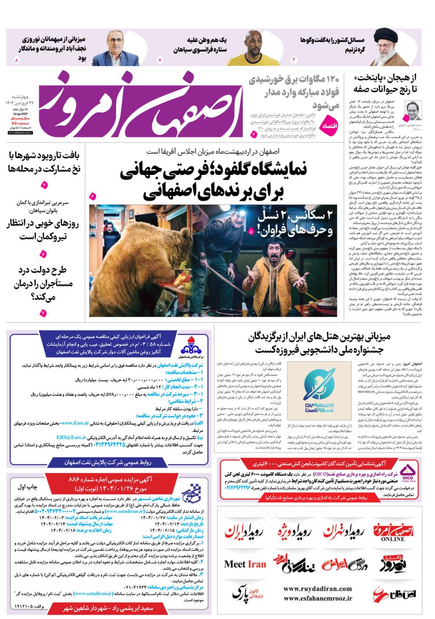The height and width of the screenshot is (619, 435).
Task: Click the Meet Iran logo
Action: click(x=245, y=564)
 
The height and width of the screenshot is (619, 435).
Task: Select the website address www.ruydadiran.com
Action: click(x=317, y=588)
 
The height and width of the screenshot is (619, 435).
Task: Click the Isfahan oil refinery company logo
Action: click(x=191, y=349)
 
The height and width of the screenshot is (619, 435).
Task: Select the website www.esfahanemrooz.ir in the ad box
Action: click(x=318, y=598)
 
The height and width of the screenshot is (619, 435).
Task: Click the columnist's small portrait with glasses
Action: click(x=412, y=111)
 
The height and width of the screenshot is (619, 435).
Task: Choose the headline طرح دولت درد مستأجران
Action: click(x=42, y=283)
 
